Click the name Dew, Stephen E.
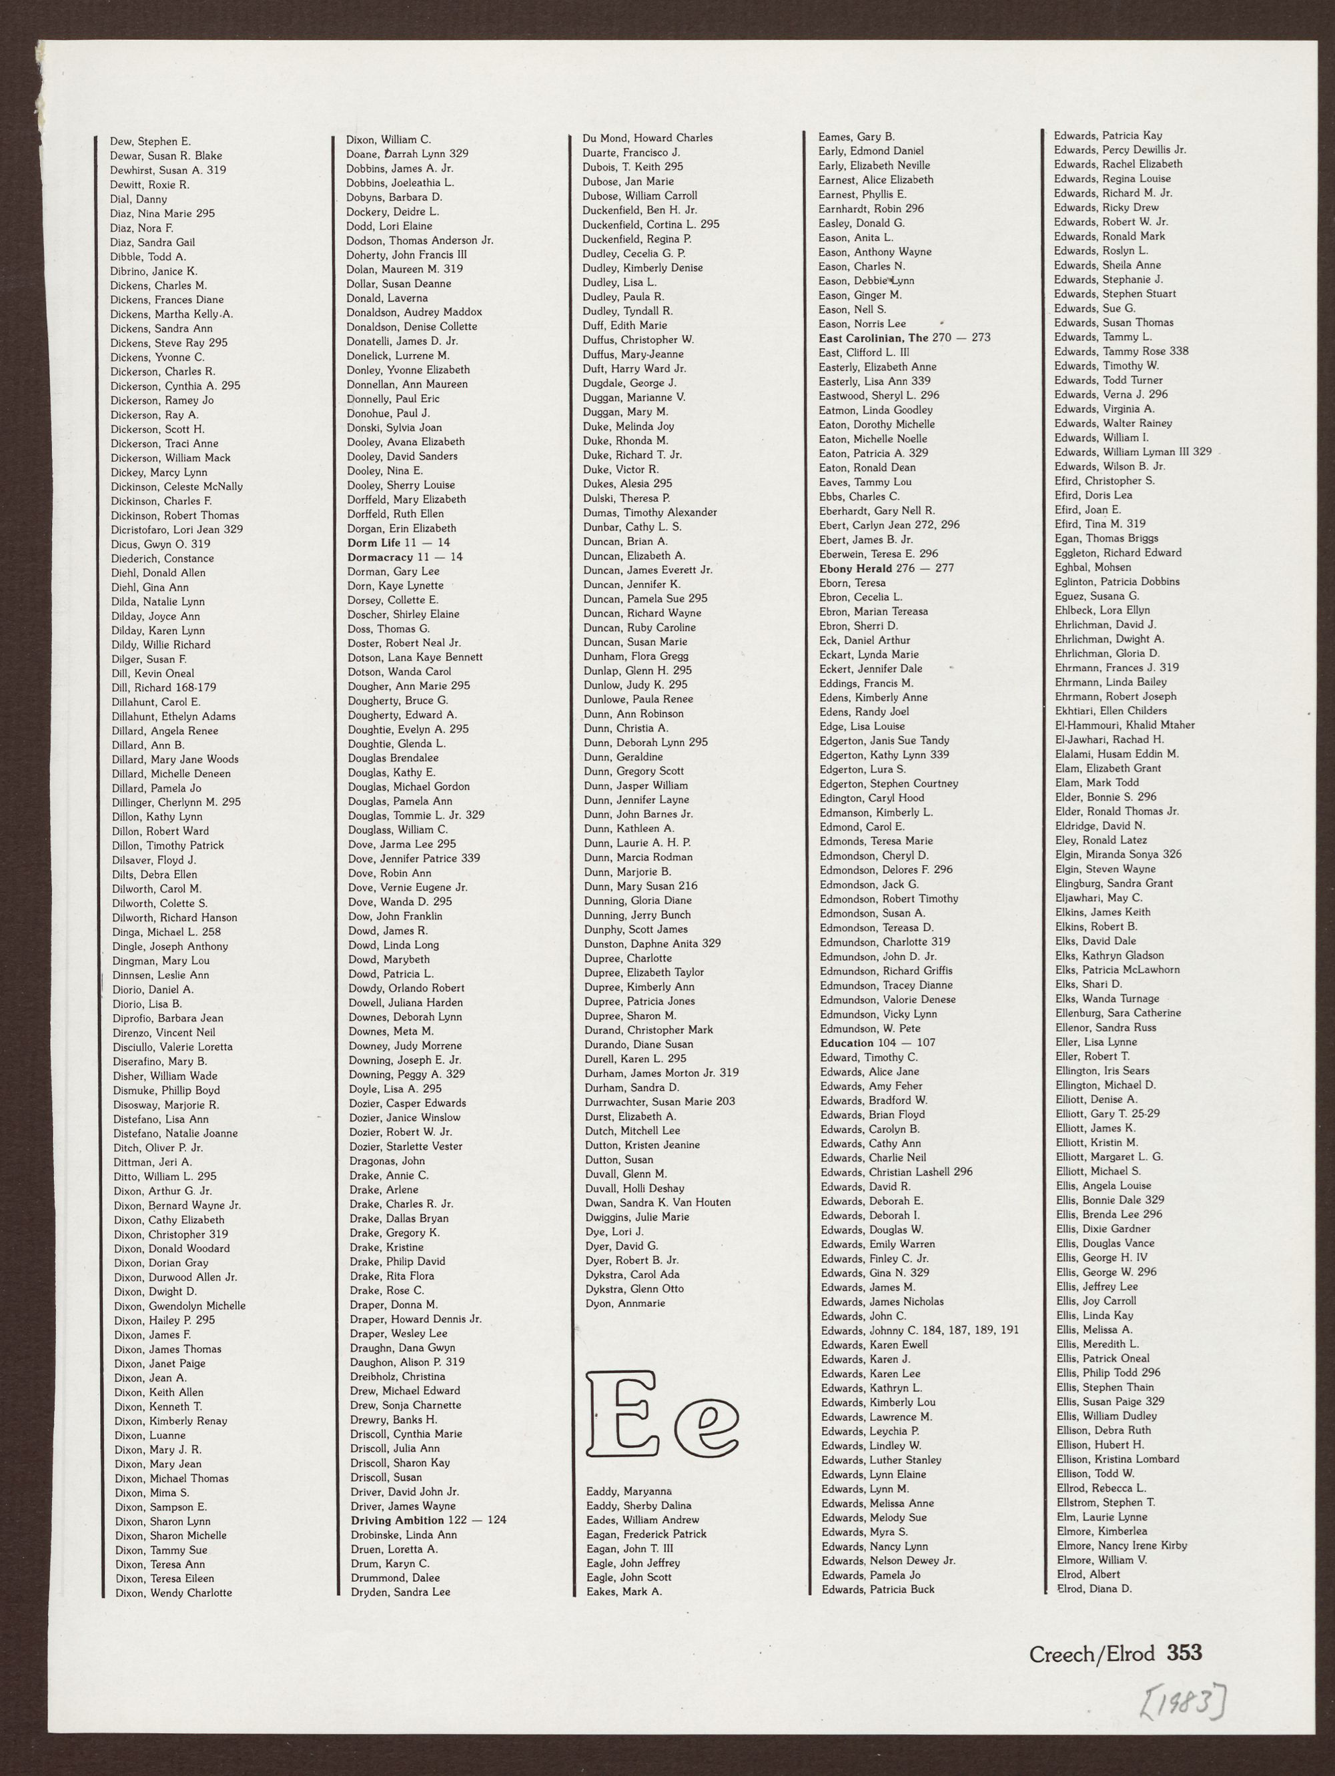coord(150,141)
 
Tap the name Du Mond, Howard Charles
coord(647,138)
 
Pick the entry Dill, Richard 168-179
coord(163,687)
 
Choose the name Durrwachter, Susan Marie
coord(658,1101)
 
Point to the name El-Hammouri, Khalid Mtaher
coord(1125,725)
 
